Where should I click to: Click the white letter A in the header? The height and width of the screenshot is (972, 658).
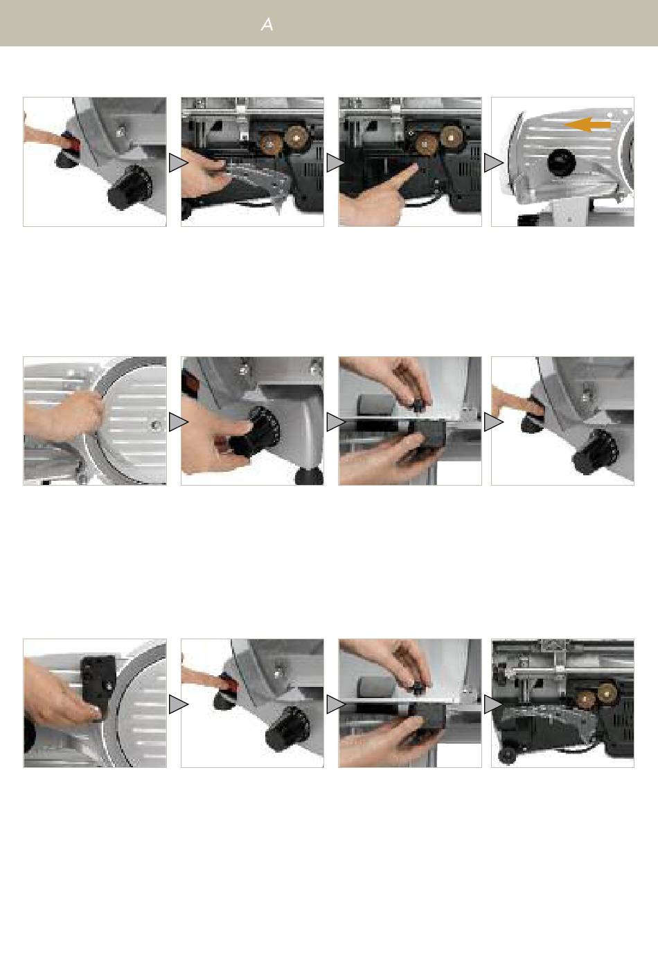click(x=267, y=25)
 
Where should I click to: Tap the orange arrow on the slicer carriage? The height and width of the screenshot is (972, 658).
click(x=587, y=125)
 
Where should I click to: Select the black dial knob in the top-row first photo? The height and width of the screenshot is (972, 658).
click(x=130, y=187)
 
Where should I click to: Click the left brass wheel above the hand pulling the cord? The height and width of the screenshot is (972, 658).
click(x=272, y=140)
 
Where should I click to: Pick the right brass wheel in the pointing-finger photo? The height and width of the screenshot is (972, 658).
click(x=452, y=137)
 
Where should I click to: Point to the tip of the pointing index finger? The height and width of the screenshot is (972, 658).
click(x=414, y=167)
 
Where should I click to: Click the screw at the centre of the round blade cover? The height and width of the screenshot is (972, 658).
click(x=154, y=425)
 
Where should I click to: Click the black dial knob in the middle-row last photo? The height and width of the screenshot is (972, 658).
click(x=594, y=452)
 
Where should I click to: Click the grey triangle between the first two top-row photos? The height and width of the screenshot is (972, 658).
click(x=178, y=163)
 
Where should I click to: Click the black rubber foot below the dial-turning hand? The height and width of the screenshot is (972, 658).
click(x=309, y=477)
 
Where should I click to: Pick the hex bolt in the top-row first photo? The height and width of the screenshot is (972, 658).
click(x=121, y=129)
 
